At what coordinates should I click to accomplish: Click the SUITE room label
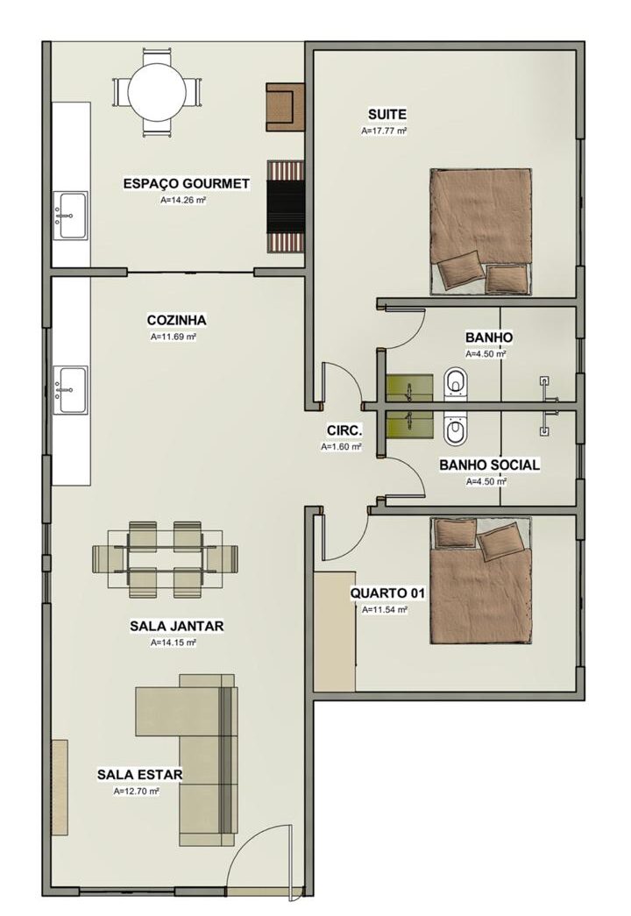coord(386,114)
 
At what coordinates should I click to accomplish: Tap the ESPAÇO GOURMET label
coord(187,183)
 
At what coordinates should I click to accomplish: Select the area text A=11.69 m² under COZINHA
coord(173,337)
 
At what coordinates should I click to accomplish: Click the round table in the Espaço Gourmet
coord(157,92)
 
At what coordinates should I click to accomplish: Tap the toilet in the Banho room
coord(456,384)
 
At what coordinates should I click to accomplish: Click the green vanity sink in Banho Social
coord(409,424)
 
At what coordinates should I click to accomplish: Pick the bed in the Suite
coord(481,231)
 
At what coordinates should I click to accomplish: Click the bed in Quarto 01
coord(481,580)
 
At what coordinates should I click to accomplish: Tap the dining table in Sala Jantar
coord(166,559)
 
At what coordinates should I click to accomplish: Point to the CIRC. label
coord(344,431)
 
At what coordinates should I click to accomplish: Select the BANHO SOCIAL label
coord(490,465)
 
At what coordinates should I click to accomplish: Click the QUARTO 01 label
coord(387,593)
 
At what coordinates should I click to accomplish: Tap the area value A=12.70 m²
coord(137,792)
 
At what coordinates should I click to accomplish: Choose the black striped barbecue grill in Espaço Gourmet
coord(287,206)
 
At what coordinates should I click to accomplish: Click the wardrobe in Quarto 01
coord(335,631)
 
